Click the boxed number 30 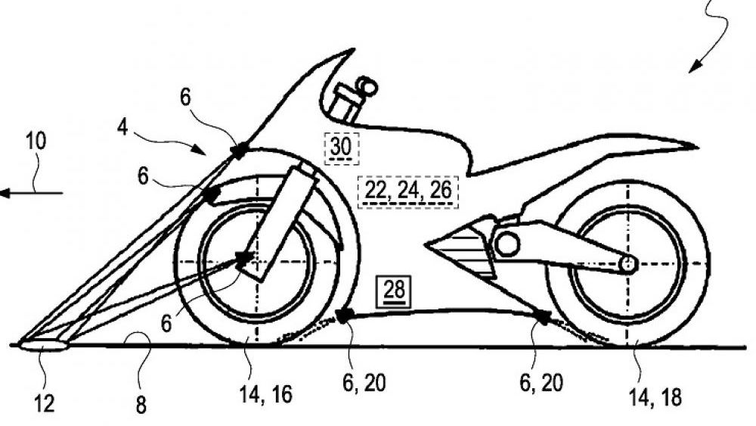pyautogui.click(x=340, y=147)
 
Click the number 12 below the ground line pyautogui.click(x=45, y=403)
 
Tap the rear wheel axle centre pyautogui.click(x=627, y=263)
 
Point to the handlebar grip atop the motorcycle pyautogui.click(x=368, y=85)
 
